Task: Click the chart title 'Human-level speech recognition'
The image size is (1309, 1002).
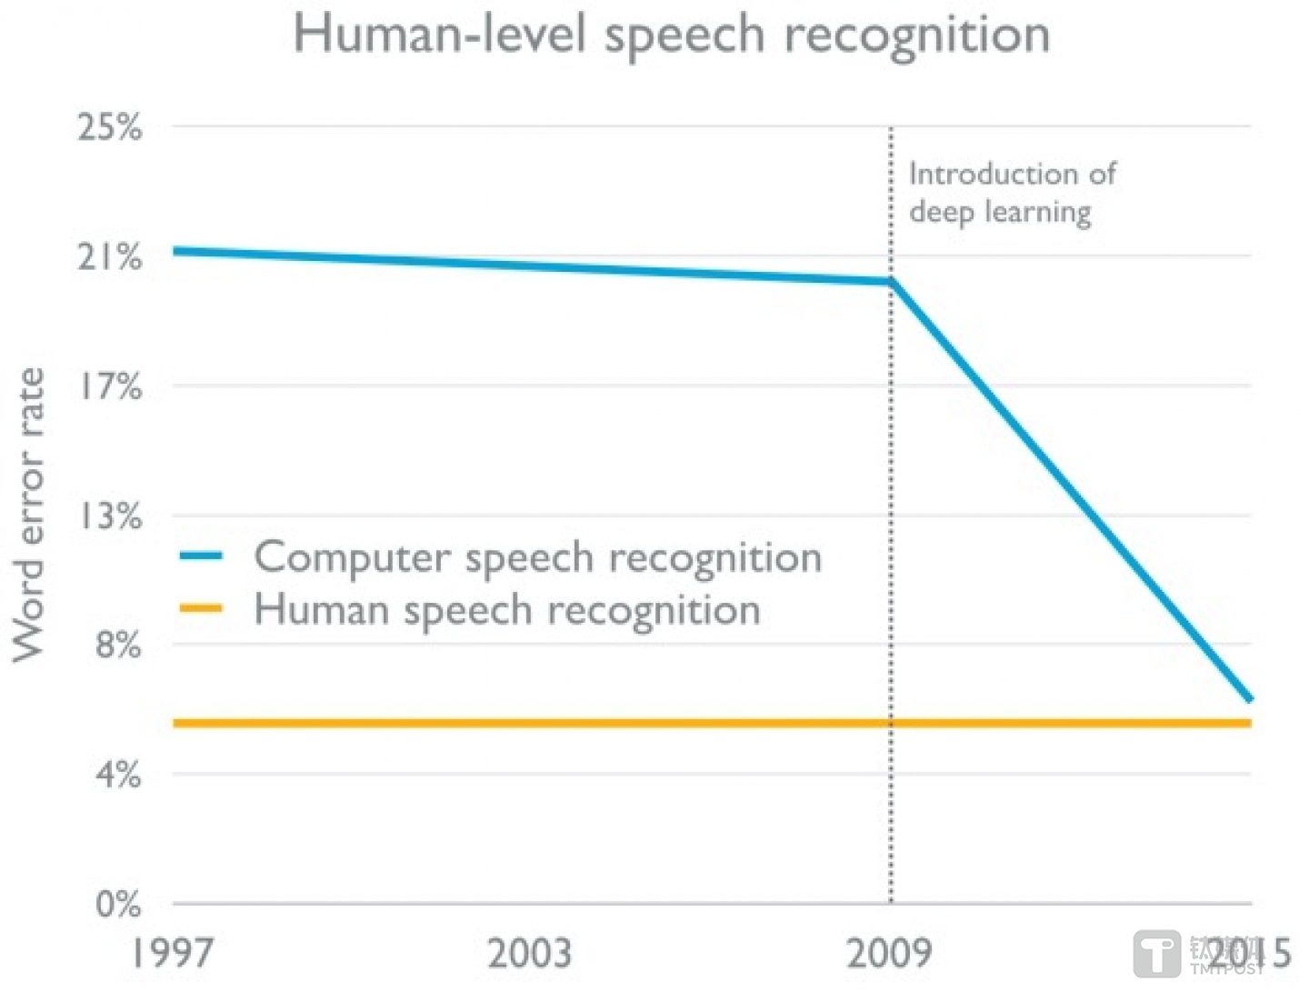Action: (671, 35)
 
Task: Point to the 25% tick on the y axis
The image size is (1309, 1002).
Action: (110, 127)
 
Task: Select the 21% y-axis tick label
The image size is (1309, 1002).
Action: (110, 257)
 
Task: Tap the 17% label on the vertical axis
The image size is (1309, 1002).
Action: (110, 386)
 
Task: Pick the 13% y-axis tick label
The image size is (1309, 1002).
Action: (110, 516)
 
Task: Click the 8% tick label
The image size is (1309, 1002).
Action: (118, 646)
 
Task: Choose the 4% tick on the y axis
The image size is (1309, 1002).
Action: (118, 775)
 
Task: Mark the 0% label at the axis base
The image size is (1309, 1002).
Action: (118, 905)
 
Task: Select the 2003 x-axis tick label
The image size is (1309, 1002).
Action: (529, 953)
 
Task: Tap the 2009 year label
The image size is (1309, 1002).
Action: (889, 953)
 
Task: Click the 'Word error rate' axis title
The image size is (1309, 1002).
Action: (29, 515)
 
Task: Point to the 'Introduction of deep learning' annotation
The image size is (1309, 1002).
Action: (1011, 193)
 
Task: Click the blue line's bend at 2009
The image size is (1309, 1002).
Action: (892, 282)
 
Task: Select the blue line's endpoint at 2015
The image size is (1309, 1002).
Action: (1250, 698)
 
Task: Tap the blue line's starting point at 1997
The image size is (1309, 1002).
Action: (175, 250)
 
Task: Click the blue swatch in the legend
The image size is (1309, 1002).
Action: (201, 556)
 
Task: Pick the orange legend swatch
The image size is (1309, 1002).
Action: (201, 609)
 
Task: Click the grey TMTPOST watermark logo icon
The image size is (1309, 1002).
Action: (1157, 955)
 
